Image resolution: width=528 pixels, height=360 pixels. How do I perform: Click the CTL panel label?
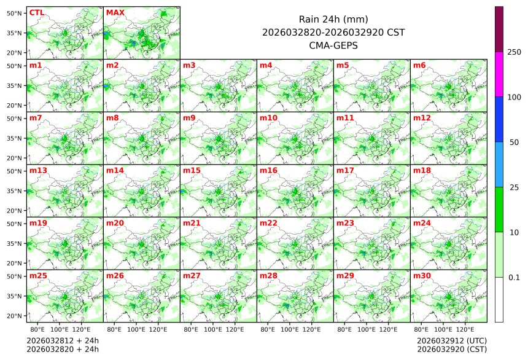coord(36,12)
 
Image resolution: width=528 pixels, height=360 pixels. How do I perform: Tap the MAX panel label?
coord(115,12)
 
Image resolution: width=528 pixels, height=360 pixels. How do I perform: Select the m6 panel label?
coord(419,65)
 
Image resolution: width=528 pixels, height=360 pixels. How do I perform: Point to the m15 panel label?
coord(192,170)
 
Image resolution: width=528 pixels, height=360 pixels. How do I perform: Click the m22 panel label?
coord(268,223)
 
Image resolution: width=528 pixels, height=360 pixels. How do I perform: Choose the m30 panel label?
coord(422,276)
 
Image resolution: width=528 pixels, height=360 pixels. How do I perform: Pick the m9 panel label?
coord(189,117)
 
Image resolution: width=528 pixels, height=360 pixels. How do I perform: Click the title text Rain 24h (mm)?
coord(333,19)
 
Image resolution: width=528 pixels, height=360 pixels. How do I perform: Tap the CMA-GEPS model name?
coord(333,45)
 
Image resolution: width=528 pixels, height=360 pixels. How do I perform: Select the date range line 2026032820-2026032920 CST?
coord(333,32)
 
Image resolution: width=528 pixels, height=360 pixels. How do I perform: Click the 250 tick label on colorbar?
coord(514,52)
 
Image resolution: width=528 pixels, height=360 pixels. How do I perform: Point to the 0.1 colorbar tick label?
coord(514,277)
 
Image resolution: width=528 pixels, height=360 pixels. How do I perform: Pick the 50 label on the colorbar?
coord(514,143)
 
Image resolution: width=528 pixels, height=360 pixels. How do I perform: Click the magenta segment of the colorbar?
coord(499,74)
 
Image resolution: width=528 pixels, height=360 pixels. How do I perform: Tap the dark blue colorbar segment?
coord(499,119)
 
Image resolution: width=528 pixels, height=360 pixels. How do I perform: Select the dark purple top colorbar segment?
coord(499,29)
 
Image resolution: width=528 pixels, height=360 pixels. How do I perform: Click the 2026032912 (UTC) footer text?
coord(451,340)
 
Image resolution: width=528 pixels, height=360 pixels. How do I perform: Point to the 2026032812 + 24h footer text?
coord(62,340)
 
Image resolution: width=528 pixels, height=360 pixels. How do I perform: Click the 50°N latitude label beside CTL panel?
coord(15,13)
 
